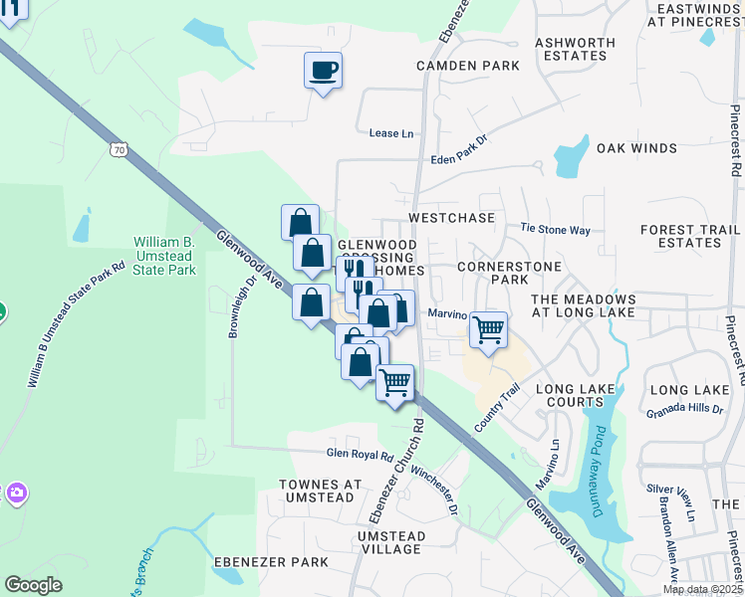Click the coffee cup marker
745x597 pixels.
(x=323, y=71)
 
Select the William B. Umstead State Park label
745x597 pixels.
(x=165, y=256)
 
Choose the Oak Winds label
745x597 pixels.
(x=636, y=148)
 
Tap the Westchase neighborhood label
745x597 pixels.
(x=451, y=217)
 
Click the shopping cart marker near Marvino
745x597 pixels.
(x=487, y=329)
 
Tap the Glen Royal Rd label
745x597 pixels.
(x=361, y=455)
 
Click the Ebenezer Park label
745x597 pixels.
(x=271, y=562)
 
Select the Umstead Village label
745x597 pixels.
(x=391, y=542)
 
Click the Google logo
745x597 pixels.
(x=33, y=584)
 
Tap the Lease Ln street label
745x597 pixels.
(x=390, y=133)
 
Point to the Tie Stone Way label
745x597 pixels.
(x=556, y=229)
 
